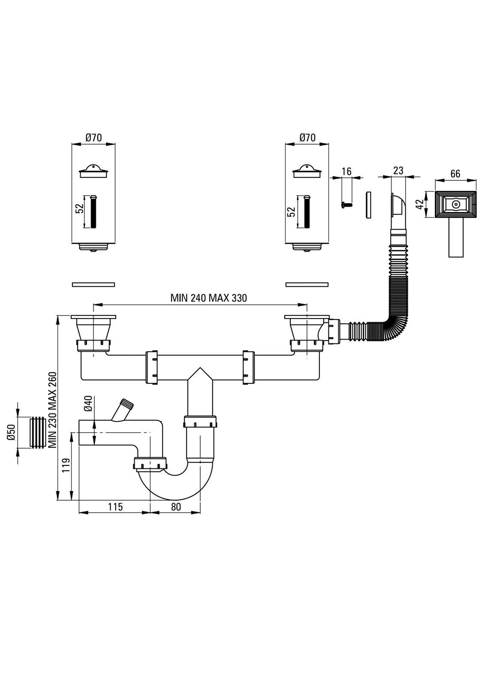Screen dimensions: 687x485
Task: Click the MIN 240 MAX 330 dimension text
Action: point(208,298)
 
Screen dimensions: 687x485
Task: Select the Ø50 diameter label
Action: point(11,432)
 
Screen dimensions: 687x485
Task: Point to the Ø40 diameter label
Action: point(88,404)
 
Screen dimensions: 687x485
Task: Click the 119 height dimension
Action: point(66,465)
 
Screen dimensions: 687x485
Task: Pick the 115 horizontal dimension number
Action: point(115,507)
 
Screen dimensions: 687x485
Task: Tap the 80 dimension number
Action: point(176,507)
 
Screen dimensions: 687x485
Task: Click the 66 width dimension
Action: point(455,173)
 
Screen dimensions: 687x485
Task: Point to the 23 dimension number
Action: point(398,170)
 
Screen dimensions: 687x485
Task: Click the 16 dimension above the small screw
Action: point(346,171)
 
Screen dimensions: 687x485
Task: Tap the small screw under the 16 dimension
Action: point(347,206)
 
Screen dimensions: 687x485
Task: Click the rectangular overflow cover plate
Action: point(456,205)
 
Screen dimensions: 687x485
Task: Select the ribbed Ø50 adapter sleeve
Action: point(38,432)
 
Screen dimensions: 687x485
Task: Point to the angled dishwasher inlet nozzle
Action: point(122,410)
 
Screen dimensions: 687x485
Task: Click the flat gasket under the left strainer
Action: point(93,284)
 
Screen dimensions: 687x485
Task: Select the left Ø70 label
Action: point(93,137)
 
